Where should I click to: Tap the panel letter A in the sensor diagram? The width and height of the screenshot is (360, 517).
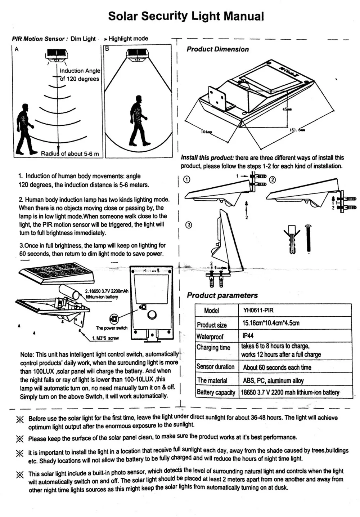[x=17, y=49]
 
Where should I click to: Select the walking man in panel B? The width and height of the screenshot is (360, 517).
[x=138, y=120]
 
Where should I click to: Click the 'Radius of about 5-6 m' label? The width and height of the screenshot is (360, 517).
[x=70, y=154]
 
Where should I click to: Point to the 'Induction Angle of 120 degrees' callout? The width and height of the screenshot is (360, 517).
[x=80, y=75]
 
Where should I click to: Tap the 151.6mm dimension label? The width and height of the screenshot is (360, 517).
[x=297, y=130]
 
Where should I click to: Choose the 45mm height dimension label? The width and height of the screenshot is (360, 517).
[x=287, y=109]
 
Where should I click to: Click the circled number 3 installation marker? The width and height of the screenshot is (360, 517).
[x=188, y=225]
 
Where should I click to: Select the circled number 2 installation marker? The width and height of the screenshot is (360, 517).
[x=273, y=180]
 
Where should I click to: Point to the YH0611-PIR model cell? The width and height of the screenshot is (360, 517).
[x=258, y=310]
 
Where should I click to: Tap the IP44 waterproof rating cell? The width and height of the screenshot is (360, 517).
[x=248, y=335]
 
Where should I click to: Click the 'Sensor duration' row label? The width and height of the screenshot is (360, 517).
[x=215, y=367]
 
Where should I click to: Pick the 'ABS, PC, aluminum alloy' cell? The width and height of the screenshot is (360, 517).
[x=273, y=380]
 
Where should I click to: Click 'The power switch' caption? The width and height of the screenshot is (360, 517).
[x=112, y=328]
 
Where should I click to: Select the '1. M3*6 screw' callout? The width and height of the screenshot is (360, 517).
[x=105, y=338]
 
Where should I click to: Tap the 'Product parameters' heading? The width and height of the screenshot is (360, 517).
[x=222, y=295]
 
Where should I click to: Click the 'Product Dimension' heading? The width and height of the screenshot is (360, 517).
[x=218, y=49]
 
